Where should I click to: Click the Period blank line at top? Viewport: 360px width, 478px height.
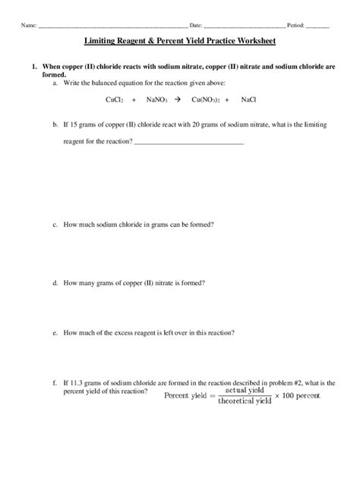point(317,26)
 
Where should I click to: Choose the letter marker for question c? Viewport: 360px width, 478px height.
point(55,225)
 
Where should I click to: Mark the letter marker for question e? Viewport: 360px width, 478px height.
point(55,332)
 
